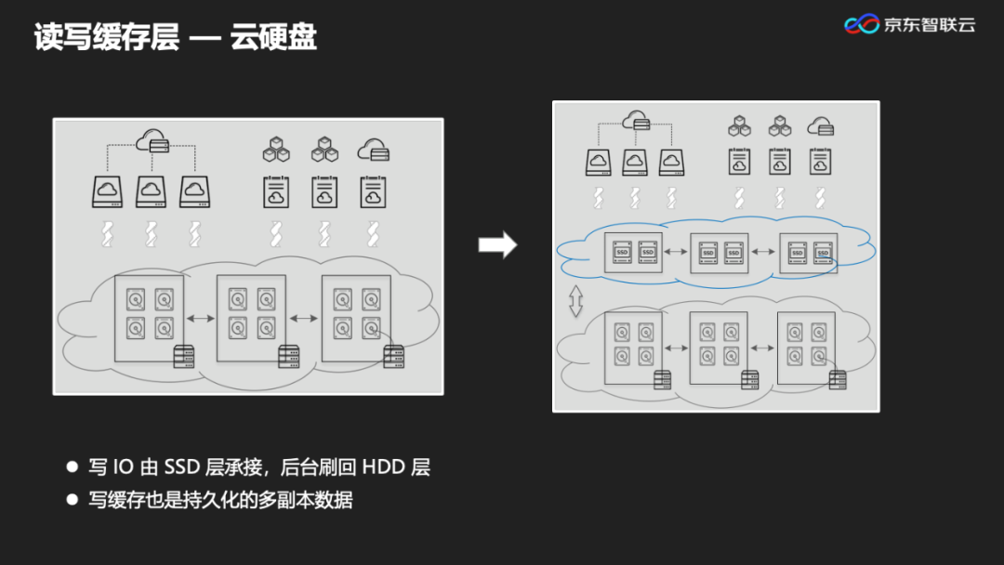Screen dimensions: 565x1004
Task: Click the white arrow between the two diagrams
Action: [x=497, y=244]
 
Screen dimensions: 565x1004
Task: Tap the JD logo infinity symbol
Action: [x=861, y=24]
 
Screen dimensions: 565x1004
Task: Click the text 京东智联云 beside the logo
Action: [x=929, y=25]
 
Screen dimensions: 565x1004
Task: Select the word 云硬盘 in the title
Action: [x=274, y=37]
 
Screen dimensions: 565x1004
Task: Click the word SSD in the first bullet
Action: [x=183, y=466]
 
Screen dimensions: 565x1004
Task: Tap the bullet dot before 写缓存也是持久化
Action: [x=73, y=499]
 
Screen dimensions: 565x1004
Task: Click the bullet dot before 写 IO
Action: [x=73, y=466]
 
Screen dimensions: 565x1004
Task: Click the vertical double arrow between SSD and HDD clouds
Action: [x=575, y=301]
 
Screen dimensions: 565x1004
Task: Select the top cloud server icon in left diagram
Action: [x=152, y=142]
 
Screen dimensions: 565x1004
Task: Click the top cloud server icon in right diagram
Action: [x=636, y=120]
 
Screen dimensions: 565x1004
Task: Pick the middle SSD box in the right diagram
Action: [x=720, y=252]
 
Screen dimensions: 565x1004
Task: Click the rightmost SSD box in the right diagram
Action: [x=808, y=252]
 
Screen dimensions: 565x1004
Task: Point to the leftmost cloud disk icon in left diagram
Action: [x=107, y=192]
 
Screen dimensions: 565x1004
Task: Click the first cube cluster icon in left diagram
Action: [x=277, y=149]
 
